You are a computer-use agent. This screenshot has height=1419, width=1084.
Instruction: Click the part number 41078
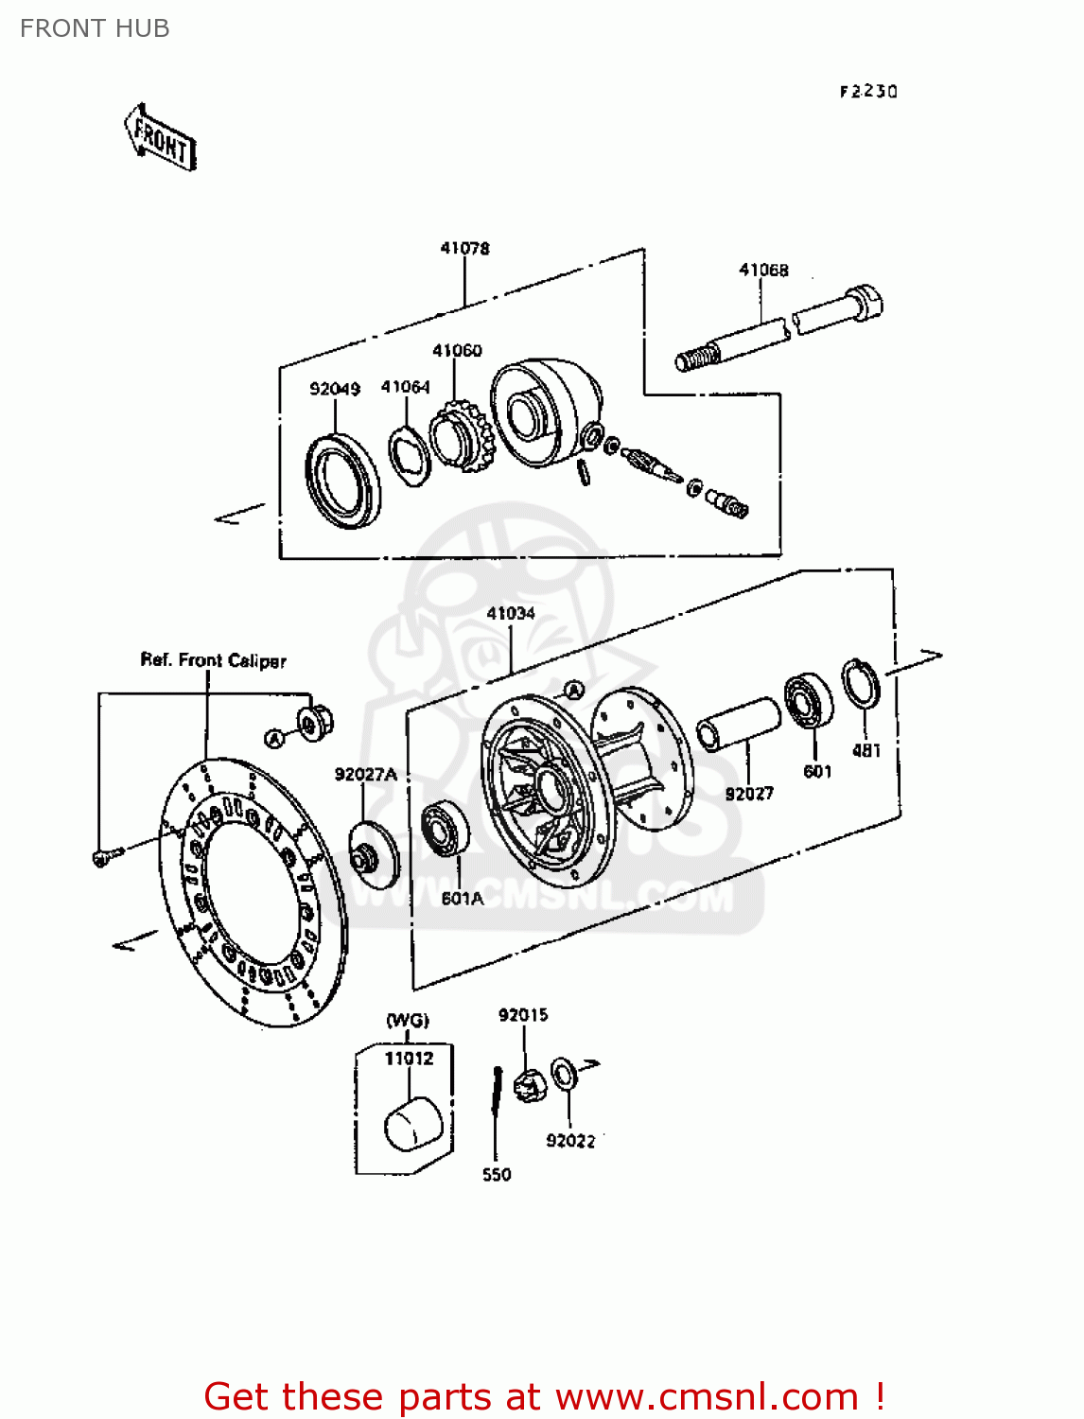click(x=464, y=248)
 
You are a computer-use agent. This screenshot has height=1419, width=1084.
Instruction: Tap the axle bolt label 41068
click(x=763, y=270)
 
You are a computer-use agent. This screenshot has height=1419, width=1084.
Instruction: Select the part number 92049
click(x=335, y=388)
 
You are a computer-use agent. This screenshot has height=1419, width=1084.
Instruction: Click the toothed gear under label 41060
click(x=462, y=437)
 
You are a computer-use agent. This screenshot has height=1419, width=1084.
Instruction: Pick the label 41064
click(x=405, y=387)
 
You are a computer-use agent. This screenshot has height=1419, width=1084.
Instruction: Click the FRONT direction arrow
click(x=160, y=139)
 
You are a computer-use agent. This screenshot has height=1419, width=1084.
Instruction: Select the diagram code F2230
click(x=868, y=92)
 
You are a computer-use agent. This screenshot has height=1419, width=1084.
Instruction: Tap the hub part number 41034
click(x=510, y=613)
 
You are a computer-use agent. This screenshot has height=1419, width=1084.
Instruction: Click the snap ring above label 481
click(x=861, y=683)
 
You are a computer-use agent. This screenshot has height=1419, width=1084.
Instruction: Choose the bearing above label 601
click(x=809, y=700)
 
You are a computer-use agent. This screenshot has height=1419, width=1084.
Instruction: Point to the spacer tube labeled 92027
click(x=738, y=724)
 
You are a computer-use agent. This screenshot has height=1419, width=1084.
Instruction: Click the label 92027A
click(x=365, y=775)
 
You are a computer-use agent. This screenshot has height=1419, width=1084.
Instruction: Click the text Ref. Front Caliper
click(x=213, y=660)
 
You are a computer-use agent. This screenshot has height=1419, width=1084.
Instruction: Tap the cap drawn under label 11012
click(x=414, y=1123)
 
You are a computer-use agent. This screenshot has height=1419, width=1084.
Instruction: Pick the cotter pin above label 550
click(x=495, y=1103)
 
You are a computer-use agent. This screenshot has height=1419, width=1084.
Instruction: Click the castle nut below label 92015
click(x=529, y=1084)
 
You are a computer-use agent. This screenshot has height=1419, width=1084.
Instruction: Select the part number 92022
click(x=570, y=1141)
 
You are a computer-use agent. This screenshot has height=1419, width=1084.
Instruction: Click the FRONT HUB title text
click(x=95, y=28)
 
